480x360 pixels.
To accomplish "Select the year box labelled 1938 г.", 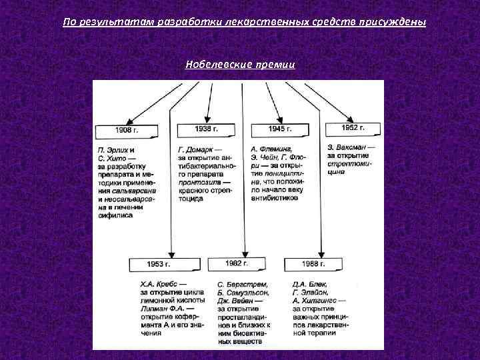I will click(206, 128).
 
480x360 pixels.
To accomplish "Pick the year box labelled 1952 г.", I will click(353, 127).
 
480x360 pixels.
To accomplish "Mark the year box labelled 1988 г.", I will click(313, 265).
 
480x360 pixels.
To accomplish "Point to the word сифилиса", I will click(115, 215).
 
